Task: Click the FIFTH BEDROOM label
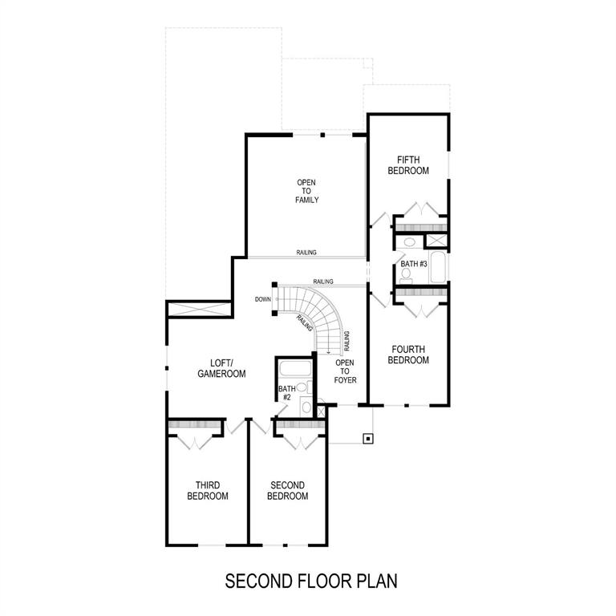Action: click(x=408, y=165)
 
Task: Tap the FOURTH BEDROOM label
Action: click(x=408, y=355)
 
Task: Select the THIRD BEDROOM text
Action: click(x=208, y=491)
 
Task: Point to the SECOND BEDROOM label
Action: click(x=287, y=491)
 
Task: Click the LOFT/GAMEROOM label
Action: click(x=221, y=368)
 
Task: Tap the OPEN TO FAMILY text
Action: click(x=306, y=191)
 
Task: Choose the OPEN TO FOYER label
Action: click(x=345, y=371)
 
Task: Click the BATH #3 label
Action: click(x=413, y=263)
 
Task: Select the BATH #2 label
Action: click(x=286, y=393)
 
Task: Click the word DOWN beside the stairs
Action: click(x=263, y=299)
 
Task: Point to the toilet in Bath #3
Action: click(x=406, y=274)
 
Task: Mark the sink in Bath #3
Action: click(x=409, y=241)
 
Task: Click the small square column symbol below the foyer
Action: click(x=367, y=438)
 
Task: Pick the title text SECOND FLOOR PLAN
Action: click(x=311, y=580)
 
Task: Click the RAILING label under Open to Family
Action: click(x=306, y=253)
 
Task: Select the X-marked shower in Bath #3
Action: click(x=436, y=241)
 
